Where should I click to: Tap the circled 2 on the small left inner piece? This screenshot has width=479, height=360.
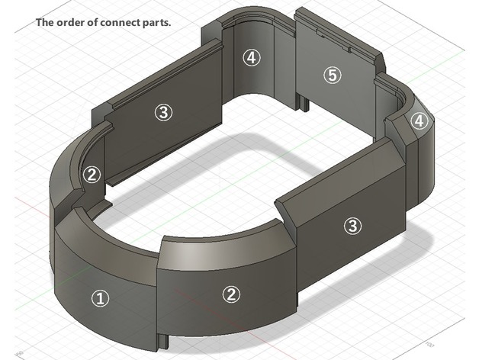pos(92,175)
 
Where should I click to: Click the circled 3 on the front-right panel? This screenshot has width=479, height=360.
pos(352,225)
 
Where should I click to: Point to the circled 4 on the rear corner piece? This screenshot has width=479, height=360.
pos(252,57)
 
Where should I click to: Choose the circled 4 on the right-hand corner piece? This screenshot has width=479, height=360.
pos(418,121)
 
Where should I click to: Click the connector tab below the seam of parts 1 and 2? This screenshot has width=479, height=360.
pos(162,337)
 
